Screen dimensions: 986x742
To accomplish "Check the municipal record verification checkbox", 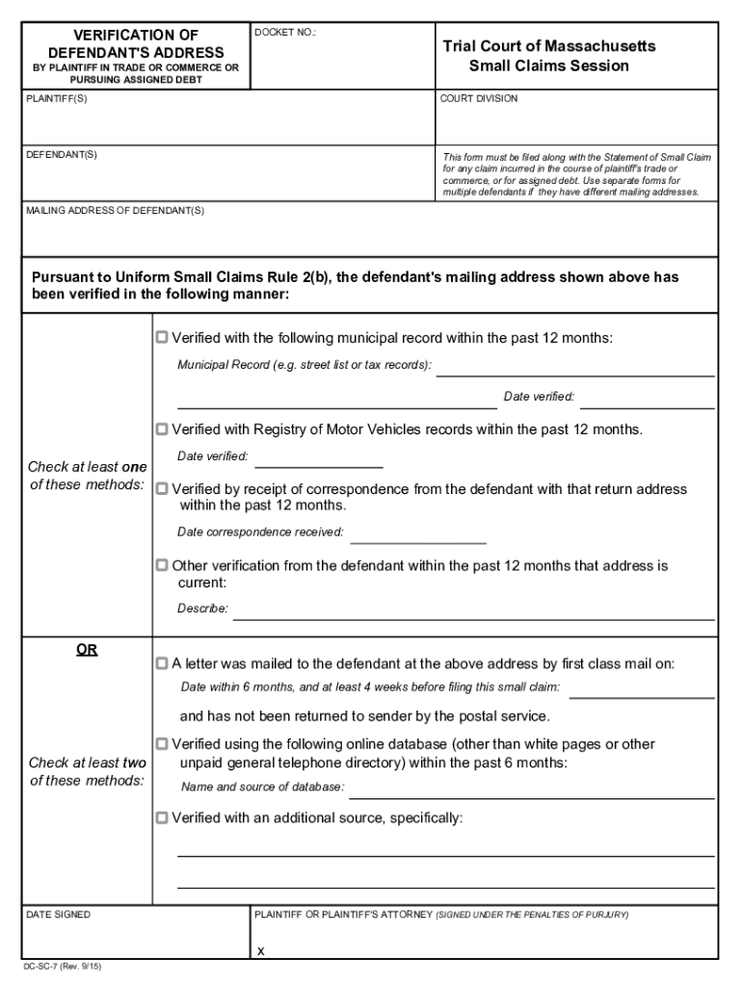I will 162,338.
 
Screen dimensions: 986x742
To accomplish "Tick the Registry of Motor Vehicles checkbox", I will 162,428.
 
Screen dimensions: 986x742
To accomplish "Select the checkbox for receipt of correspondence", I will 162,489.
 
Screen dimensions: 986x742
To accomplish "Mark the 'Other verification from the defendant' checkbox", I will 162,566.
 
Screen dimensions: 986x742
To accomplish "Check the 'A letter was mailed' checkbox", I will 162,663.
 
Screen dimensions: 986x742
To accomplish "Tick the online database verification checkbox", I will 162,744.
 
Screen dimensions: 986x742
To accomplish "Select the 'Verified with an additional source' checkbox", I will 162,818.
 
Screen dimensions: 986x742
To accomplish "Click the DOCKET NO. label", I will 285,33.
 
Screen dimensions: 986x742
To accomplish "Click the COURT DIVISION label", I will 479,99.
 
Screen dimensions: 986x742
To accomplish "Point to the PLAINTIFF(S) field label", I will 56,99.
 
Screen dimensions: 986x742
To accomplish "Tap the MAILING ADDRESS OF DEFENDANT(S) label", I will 115,210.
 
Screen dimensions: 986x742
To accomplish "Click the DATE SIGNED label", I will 58,915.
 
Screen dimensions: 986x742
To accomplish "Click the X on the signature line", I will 260,951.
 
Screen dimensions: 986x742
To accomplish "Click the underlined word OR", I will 87,650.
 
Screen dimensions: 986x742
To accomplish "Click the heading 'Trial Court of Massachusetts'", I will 549,46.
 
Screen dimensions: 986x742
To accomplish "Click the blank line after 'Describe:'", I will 473,616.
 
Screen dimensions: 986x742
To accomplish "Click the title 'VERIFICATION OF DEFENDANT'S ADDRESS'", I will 136,43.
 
